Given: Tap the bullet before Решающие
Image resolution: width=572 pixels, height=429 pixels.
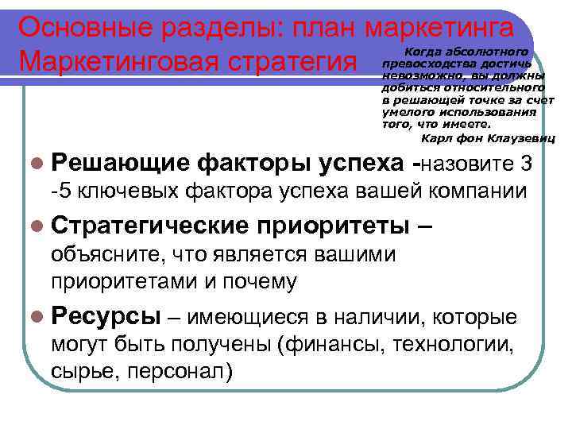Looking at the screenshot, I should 39,164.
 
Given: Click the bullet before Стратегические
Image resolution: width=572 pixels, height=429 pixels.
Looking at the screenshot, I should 39,226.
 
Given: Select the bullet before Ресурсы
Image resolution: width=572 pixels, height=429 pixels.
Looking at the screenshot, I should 39,318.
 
